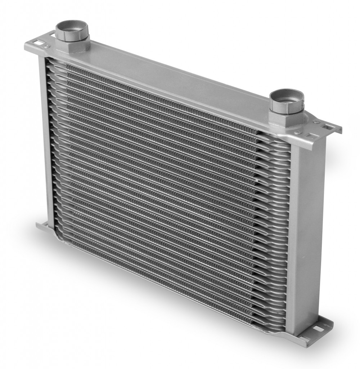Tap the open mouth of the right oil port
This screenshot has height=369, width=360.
pyautogui.click(x=287, y=95)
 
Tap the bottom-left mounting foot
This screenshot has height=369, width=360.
pyautogui.click(x=42, y=227)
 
